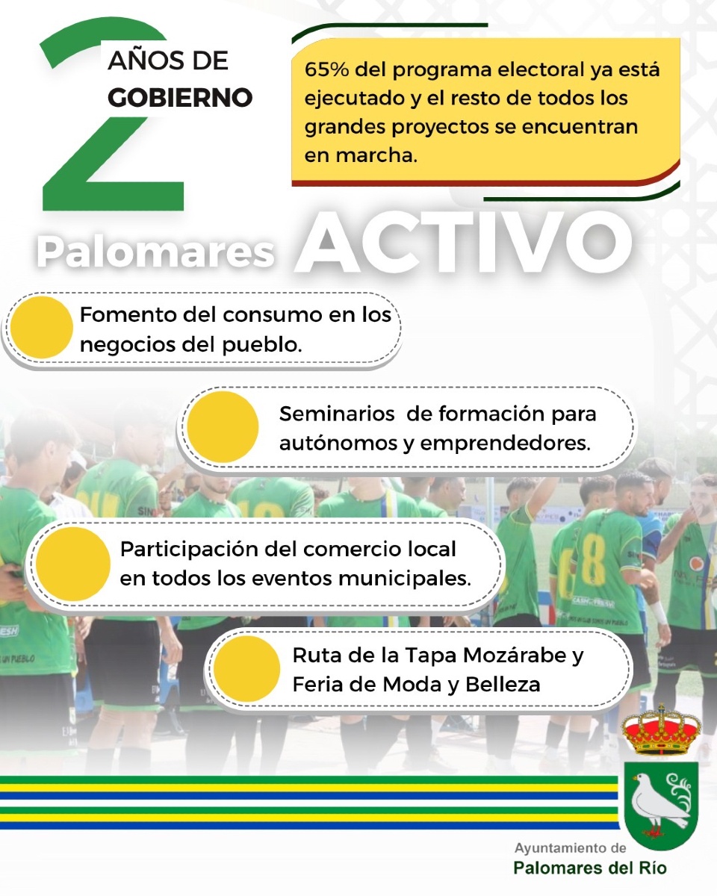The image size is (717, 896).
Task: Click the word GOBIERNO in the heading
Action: [x=180, y=97]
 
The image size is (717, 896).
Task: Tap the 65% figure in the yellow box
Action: [x=326, y=69]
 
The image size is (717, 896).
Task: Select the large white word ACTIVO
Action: [x=463, y=243]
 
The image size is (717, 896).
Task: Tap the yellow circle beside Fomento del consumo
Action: [x=41, y=327]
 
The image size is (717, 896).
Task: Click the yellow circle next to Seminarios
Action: [x=223, y=427]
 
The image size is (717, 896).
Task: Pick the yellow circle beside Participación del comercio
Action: [x=73, y=564]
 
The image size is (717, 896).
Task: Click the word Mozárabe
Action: [x=515, y=655]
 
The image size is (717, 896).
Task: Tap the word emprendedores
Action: [x=506, y=443]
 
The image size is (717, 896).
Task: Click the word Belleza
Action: [x=503, y=684]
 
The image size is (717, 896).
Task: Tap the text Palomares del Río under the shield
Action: [x=590, y=868]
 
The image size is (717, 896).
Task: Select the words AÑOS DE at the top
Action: [x=168, y=60]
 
